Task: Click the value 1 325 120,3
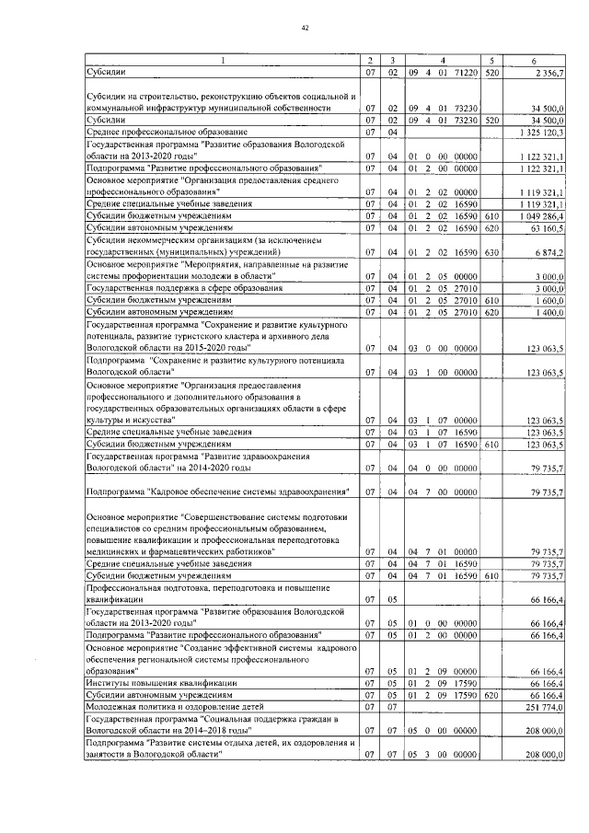pyautogui.click(x=541, y=133)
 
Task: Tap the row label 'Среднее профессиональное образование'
pyautogui.click(x=154, y=133)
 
